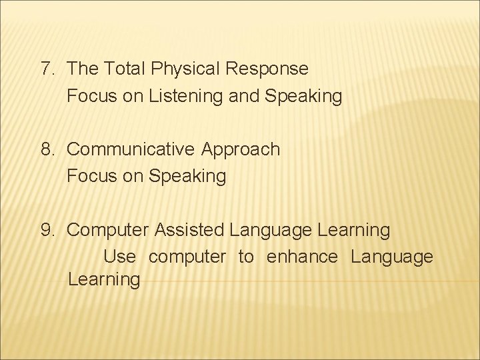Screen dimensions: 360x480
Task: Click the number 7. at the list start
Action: (48, 69)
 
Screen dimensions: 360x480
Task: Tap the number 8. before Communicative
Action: (48, 149)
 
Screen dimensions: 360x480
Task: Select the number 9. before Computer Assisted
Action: (48, 231)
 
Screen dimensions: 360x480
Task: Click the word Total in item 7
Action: (126, 69)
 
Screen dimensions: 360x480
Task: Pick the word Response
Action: (268, 69)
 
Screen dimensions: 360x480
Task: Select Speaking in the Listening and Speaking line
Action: (303, 97)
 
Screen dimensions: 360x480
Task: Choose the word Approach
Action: (240, 149)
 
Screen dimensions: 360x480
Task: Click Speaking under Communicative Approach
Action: (187, 177)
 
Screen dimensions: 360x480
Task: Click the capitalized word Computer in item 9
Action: (108, 231)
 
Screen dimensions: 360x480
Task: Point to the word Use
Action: (120, 257)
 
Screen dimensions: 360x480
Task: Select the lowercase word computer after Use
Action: (187, 257)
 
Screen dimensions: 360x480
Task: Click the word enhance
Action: (302, 257)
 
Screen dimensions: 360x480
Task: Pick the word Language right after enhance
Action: (391, 257)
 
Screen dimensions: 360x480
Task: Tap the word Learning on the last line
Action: (103, 279)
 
